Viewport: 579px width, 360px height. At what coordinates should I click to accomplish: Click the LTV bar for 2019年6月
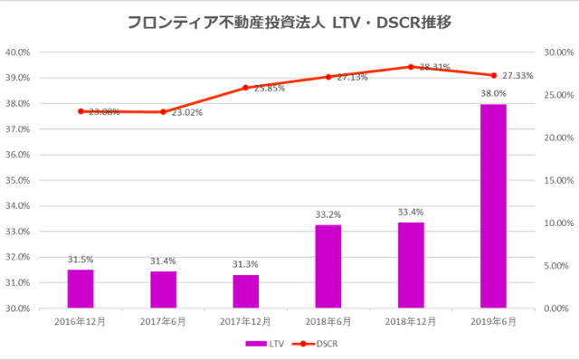(x=493, y=206)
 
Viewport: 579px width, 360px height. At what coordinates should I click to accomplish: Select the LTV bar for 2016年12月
(x=81, y=289)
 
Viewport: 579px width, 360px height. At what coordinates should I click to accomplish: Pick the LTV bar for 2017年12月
(x=245, y=291)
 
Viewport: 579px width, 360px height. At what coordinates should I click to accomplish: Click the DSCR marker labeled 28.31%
(x=411, y=67)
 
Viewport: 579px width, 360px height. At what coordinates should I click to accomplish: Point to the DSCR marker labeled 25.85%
(x=245, y=88)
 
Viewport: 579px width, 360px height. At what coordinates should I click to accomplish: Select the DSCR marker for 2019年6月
(x=493, y=75)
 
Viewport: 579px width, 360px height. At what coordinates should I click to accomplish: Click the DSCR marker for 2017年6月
(x=163, y=112)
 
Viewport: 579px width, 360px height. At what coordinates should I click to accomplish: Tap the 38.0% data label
(x=493, y=93)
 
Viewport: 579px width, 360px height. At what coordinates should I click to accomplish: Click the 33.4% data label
(x=411, y=212)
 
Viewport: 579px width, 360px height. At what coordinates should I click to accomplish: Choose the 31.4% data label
(x=163, y=261)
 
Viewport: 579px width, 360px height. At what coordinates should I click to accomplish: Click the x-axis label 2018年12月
(x=411, y=321)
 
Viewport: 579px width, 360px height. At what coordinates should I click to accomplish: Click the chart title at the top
(x=289, y=21)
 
